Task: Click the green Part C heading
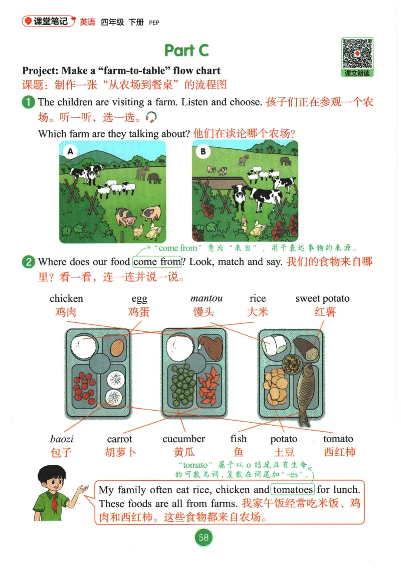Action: point(186,50)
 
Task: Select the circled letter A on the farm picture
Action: point(70,151)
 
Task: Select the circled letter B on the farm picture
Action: point(203,151)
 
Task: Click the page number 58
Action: point(204,537)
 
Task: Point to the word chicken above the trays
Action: point(66,299)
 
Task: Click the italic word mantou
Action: point(207,299)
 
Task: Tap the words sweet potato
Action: point(322,299)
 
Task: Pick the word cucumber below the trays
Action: point(183,439)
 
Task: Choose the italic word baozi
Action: point(62,439)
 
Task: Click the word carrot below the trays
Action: point(119,440)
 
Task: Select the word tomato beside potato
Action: point(338,439)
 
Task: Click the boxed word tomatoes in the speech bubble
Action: point(293,489)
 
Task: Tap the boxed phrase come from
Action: point(157,262)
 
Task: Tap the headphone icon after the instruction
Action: point(151,117)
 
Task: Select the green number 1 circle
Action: point(29,102)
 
